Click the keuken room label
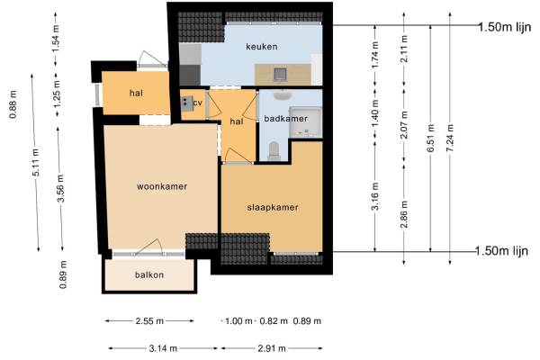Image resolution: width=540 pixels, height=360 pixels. [x=261, y=47]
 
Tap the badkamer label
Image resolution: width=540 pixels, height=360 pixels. [x=285, y=119]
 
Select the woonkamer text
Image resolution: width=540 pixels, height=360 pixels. [x=162, y=186]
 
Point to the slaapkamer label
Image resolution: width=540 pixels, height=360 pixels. [x=273, y=207]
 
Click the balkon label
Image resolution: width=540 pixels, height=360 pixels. [x=149, y=274]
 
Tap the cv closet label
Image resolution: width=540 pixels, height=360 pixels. [x=197, y=103]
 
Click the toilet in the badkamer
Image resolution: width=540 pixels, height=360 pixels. [x=274, y=151]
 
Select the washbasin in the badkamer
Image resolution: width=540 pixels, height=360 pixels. [x=283, y=94]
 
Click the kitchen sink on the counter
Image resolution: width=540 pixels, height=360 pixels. [x=280, y=74]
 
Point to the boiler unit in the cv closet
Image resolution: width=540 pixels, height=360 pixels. [x=186, y=103]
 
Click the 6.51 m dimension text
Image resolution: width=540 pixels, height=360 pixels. [x=430, y=138]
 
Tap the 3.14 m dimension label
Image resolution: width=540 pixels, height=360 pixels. [x=163, y=348]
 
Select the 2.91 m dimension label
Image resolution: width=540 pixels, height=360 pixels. [x=272, y=348]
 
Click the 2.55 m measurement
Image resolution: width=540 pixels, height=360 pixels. [x=149, y=321]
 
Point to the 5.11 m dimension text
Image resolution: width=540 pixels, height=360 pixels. [x=36, y=162]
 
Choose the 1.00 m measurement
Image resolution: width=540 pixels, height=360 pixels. [x=238, y=321]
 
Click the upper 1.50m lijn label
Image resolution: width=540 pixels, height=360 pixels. [x=505, y=27]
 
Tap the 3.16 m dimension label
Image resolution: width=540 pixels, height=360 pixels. [x=375, y=196]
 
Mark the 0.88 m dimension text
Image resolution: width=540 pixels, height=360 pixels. [x=13, y=104]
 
